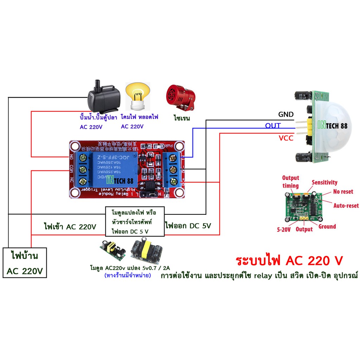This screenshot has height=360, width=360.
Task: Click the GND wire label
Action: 285,115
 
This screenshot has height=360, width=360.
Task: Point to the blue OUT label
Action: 273,126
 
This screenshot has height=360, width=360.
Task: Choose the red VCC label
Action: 285,139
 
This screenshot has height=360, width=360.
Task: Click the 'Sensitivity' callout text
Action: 324,182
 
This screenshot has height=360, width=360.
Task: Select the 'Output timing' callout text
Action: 290,182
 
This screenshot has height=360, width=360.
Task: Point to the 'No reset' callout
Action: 343,192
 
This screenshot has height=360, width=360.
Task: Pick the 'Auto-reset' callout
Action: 346,205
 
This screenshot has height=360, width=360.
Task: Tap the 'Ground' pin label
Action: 327,227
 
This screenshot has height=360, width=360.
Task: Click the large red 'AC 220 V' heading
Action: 289,261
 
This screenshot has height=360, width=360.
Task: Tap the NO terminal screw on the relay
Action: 84,157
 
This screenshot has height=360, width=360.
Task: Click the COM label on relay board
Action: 72,170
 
